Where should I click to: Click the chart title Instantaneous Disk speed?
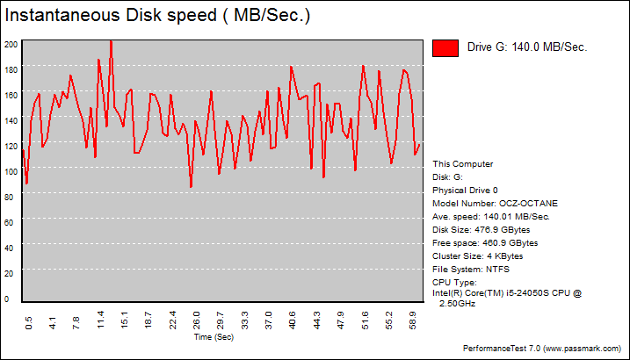[x=157, y=16]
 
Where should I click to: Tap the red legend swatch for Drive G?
[x=445, y=48]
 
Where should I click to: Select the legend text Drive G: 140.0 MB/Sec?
[x=526, y=48]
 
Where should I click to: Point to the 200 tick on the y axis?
[x=11, y=44]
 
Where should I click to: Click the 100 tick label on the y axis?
[x=11, y=172]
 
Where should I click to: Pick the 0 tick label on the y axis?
[x=7, y=299]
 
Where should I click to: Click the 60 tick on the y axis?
[x=10, y=223]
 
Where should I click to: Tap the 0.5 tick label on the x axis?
[x=29, y=324]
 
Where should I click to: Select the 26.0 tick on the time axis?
[x=197, y=324]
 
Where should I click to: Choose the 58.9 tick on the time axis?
[x=414, y=324]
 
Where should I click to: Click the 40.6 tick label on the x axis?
[x=293, y=324]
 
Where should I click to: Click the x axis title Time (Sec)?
[x=214, y=336]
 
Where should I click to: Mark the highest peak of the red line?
[x=111, y=40]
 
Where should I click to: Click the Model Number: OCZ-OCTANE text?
[x=495, y=203]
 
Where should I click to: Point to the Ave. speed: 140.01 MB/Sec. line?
[x=491, y=216]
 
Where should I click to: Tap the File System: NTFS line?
[x=472, y=269]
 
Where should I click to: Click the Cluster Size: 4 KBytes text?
[x=477, y=256]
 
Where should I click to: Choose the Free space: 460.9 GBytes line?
[x=485, y=242]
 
